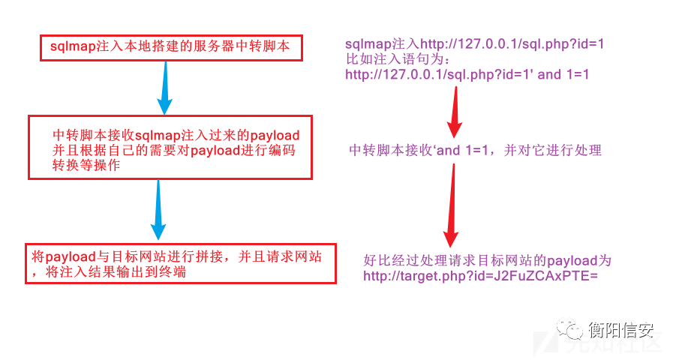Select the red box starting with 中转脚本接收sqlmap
click(x=170, y=147)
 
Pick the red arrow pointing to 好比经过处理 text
click(x=451, y=206)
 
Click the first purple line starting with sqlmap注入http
click(x=474, y=44)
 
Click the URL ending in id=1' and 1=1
click(x=467, y=74)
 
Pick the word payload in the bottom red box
click(x=67, y=256)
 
